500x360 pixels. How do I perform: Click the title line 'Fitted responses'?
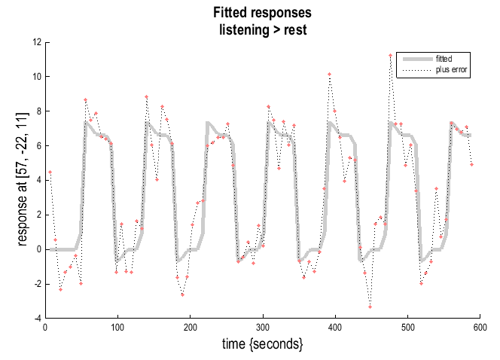click(261, 13)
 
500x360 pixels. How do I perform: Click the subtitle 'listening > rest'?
click(261, 28)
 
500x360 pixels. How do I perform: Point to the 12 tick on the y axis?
click(36, 42)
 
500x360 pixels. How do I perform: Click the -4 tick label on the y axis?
click(35, 319)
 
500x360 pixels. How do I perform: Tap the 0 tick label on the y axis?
click(38, 249)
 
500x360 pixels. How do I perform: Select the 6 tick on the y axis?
click(38, 146)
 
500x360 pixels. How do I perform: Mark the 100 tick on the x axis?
click(117, 327)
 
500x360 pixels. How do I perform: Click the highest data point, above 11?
click(390, 55)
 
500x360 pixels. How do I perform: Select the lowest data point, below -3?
click(370, 307)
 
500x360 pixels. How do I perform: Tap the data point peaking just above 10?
click(329, 74)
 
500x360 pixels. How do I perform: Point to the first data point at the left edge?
click(50, 172)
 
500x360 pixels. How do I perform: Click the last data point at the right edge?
click(471, 164)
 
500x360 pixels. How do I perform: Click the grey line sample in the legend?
click(414, 59)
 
